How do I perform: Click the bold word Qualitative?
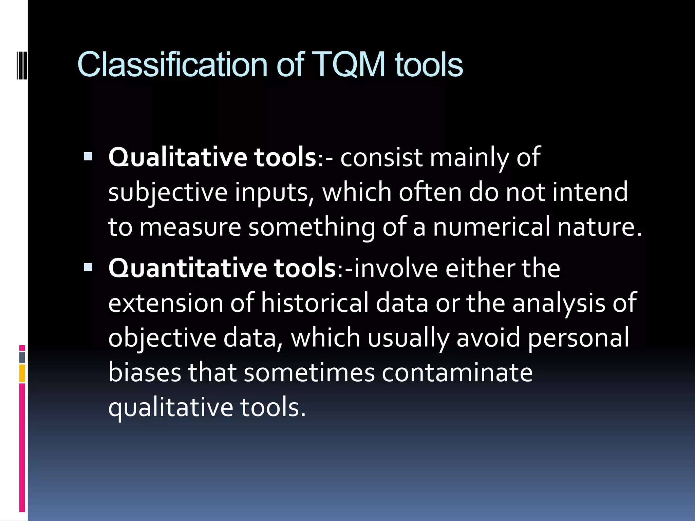[177, 158]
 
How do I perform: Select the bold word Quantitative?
[187, 268]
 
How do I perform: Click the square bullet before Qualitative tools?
[88, 156]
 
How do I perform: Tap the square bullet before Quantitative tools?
[88, 267]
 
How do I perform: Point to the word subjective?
[168, 193]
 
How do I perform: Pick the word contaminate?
[457, 373]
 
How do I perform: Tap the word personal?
[578, 338]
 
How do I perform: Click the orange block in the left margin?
[22, 373]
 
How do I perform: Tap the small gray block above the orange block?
[22, 357]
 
